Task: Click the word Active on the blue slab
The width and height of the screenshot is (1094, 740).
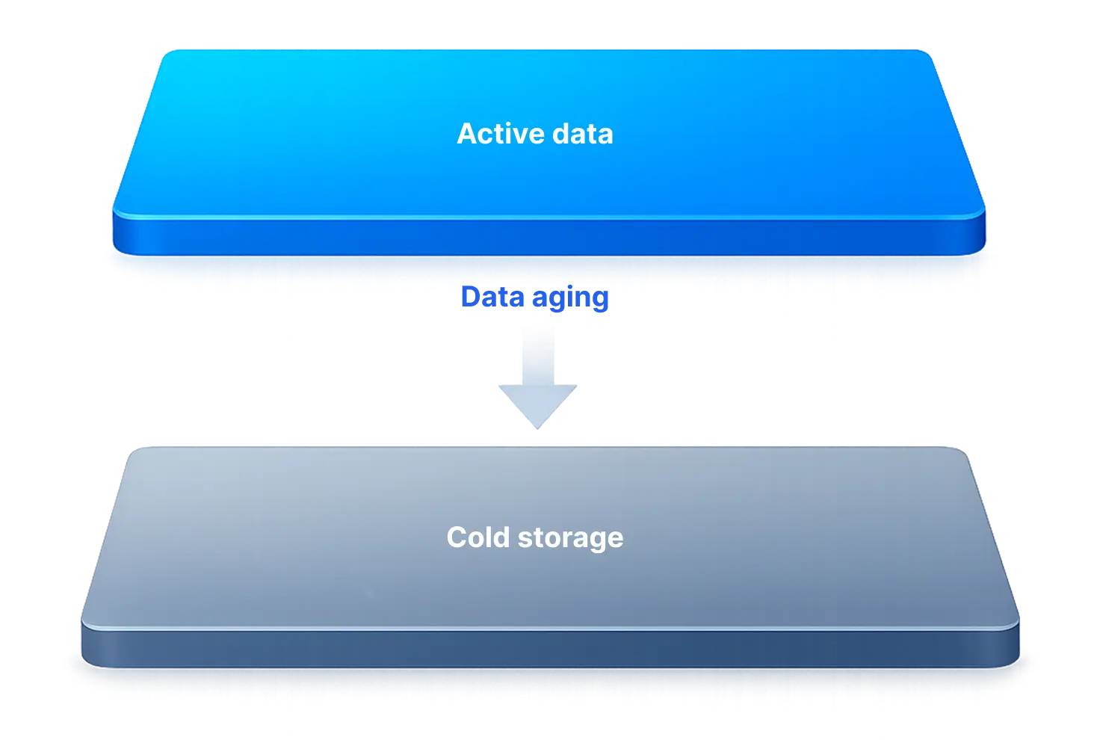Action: click(x=494, y=134)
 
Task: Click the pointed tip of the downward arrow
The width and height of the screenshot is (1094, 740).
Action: click(x=538, y=427)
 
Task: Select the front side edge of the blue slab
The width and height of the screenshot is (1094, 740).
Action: click(x=548, y=235)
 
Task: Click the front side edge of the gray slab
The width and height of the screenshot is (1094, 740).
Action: click(x=549, y=645)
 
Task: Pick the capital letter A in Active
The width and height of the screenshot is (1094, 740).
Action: click(x=466, y=134)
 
